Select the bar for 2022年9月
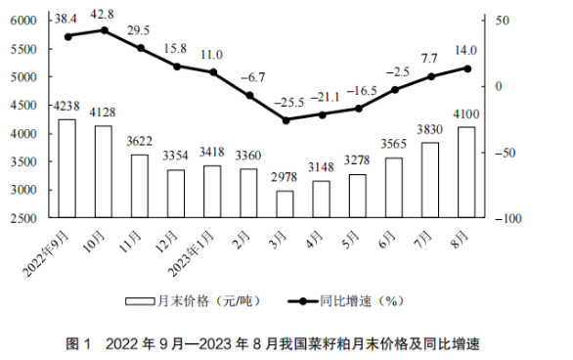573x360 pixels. click(67, 168)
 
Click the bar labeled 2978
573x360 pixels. click(286, 204)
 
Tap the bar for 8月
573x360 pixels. click(466, 172)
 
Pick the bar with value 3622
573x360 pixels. click(140, 186)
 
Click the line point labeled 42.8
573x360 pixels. click(105, 30)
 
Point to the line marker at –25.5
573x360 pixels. click(286, 120)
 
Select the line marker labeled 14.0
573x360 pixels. click(467, 68)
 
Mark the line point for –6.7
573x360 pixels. click(249, 96)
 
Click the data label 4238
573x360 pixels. click(66, 106)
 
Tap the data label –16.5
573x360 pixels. click(362, 91)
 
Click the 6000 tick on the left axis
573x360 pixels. click(23, 21)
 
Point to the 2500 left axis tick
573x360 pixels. click(23, 218)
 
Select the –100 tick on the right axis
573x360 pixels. click(508, 218)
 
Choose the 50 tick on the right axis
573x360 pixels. click(502, 21)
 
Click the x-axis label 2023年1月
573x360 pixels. click(191, 253)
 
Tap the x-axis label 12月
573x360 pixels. click(166, 242)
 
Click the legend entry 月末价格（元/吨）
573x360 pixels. click(194, 301)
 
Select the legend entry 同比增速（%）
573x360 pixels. click(346, 301)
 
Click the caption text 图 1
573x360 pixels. click(78, 344)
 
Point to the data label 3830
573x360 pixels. click(430, 129)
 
